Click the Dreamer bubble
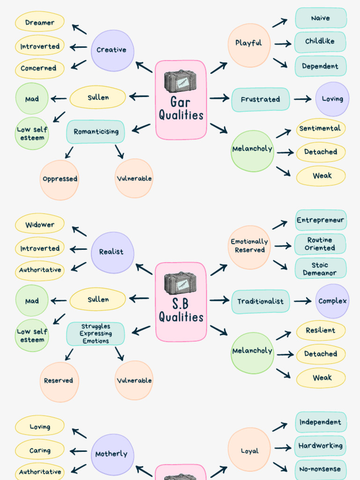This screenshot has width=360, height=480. click(x=40, y=22)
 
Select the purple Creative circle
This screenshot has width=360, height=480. click(x=112, y=50)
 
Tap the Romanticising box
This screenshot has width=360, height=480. click(x=96, y=132)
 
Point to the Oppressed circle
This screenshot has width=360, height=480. click(x=60, y=179)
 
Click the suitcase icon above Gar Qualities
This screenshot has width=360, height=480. click(x=180, y=82)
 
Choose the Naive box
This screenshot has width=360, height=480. click(x=321, y=18)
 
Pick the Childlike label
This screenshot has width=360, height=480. click(x=320, y=42)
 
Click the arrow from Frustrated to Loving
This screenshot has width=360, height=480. click(x=302, y=99)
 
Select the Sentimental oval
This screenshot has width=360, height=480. click(x=320, y=128)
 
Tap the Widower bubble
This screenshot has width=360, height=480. click(x=40, y=225)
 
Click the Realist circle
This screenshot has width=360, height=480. click(x=112, y=252)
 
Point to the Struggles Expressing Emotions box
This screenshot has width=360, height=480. click(x=96, y=334)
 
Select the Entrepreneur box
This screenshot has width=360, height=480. click(x=321, y=220)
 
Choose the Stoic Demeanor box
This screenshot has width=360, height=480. click(x=320, y=269)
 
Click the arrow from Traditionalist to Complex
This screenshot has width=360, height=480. click(x=302, y=301)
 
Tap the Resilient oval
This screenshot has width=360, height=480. click(x=321, y=330)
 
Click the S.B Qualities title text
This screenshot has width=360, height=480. click(x=181, y=311)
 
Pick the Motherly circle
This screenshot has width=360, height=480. click(x=112, y=454)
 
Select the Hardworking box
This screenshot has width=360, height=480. click(x=321, y=446)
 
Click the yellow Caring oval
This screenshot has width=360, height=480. click(x=40, y=450)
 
